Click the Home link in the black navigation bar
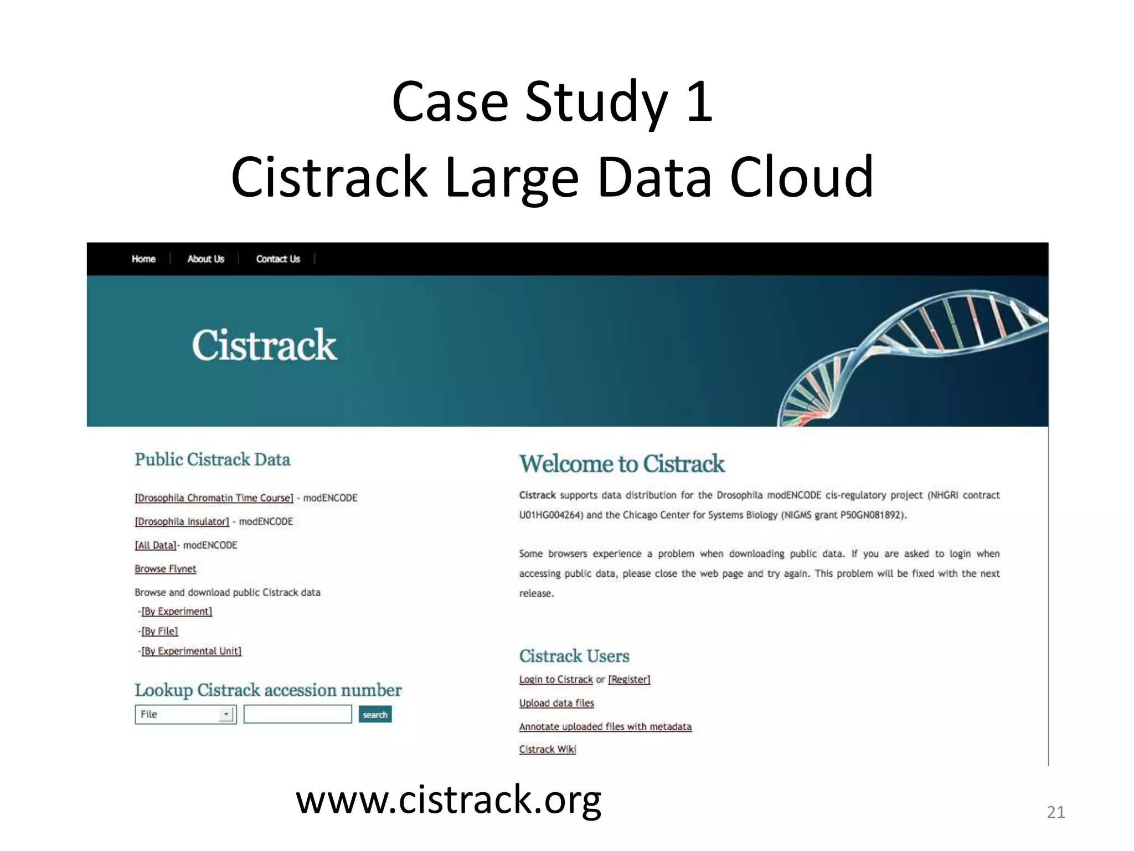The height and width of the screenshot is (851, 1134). (x=143, y=259)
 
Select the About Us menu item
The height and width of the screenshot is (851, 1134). (x=205, y=259)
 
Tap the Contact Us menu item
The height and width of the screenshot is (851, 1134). (x=278, y=259)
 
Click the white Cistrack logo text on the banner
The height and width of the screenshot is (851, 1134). (x=264, y=345)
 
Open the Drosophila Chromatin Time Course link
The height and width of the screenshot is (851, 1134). (x=214, y=498)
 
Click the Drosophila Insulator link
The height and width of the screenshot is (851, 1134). (x=182, y=521)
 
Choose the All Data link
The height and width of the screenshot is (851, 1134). (x=156, y=545)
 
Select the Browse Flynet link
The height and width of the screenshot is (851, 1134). (x=165, y=568)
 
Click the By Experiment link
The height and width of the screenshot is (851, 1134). (x=177, y=611)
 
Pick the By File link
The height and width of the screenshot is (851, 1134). (x=159, y=631)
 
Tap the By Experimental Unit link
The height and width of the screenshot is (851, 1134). (x=191, y=651)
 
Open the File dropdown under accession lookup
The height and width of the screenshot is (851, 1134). (x=185, y=714)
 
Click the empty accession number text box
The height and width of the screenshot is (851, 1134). (x=297, y=714)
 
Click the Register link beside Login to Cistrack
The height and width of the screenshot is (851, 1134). (x=629, y=679)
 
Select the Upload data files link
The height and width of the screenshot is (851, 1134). (x=556, y=703)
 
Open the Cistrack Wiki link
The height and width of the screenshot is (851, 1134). (x=548, y=749)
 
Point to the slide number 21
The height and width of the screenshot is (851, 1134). (x=1055, y=812)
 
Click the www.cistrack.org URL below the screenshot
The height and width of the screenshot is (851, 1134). (x=449, y=800)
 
